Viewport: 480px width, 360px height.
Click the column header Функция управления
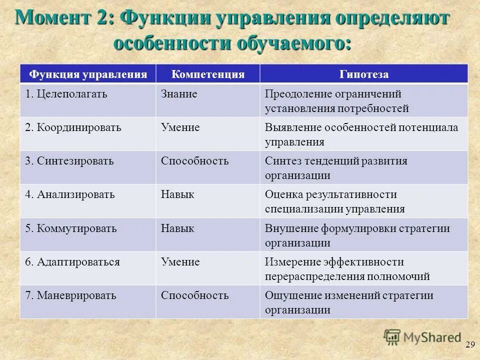click(x=88, y=74)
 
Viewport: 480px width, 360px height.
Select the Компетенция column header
click(x=208, y=74)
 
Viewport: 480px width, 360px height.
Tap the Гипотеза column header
click(x=364, y=74)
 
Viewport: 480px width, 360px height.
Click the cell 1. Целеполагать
click(x=66, y=94)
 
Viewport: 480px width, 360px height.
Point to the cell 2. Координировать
click(x=73, y=127)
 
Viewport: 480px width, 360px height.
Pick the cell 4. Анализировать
click(x=70, y=194)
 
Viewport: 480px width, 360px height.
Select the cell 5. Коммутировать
click(x=71, y=228)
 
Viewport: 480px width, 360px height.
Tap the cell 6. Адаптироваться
click(x=73, y=262)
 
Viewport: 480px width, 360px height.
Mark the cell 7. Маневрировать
click(x=71, y=295)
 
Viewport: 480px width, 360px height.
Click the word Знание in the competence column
click(x=179, y=94)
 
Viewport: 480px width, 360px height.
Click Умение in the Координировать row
click(x=180, y=127)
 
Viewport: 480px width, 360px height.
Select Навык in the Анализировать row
click(x=177, y=194)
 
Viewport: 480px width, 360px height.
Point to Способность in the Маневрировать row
click(x=194, y=295)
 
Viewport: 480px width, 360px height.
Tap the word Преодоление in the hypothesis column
click(x=295, y=94)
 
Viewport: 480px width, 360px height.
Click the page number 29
click(x=469, y=344)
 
